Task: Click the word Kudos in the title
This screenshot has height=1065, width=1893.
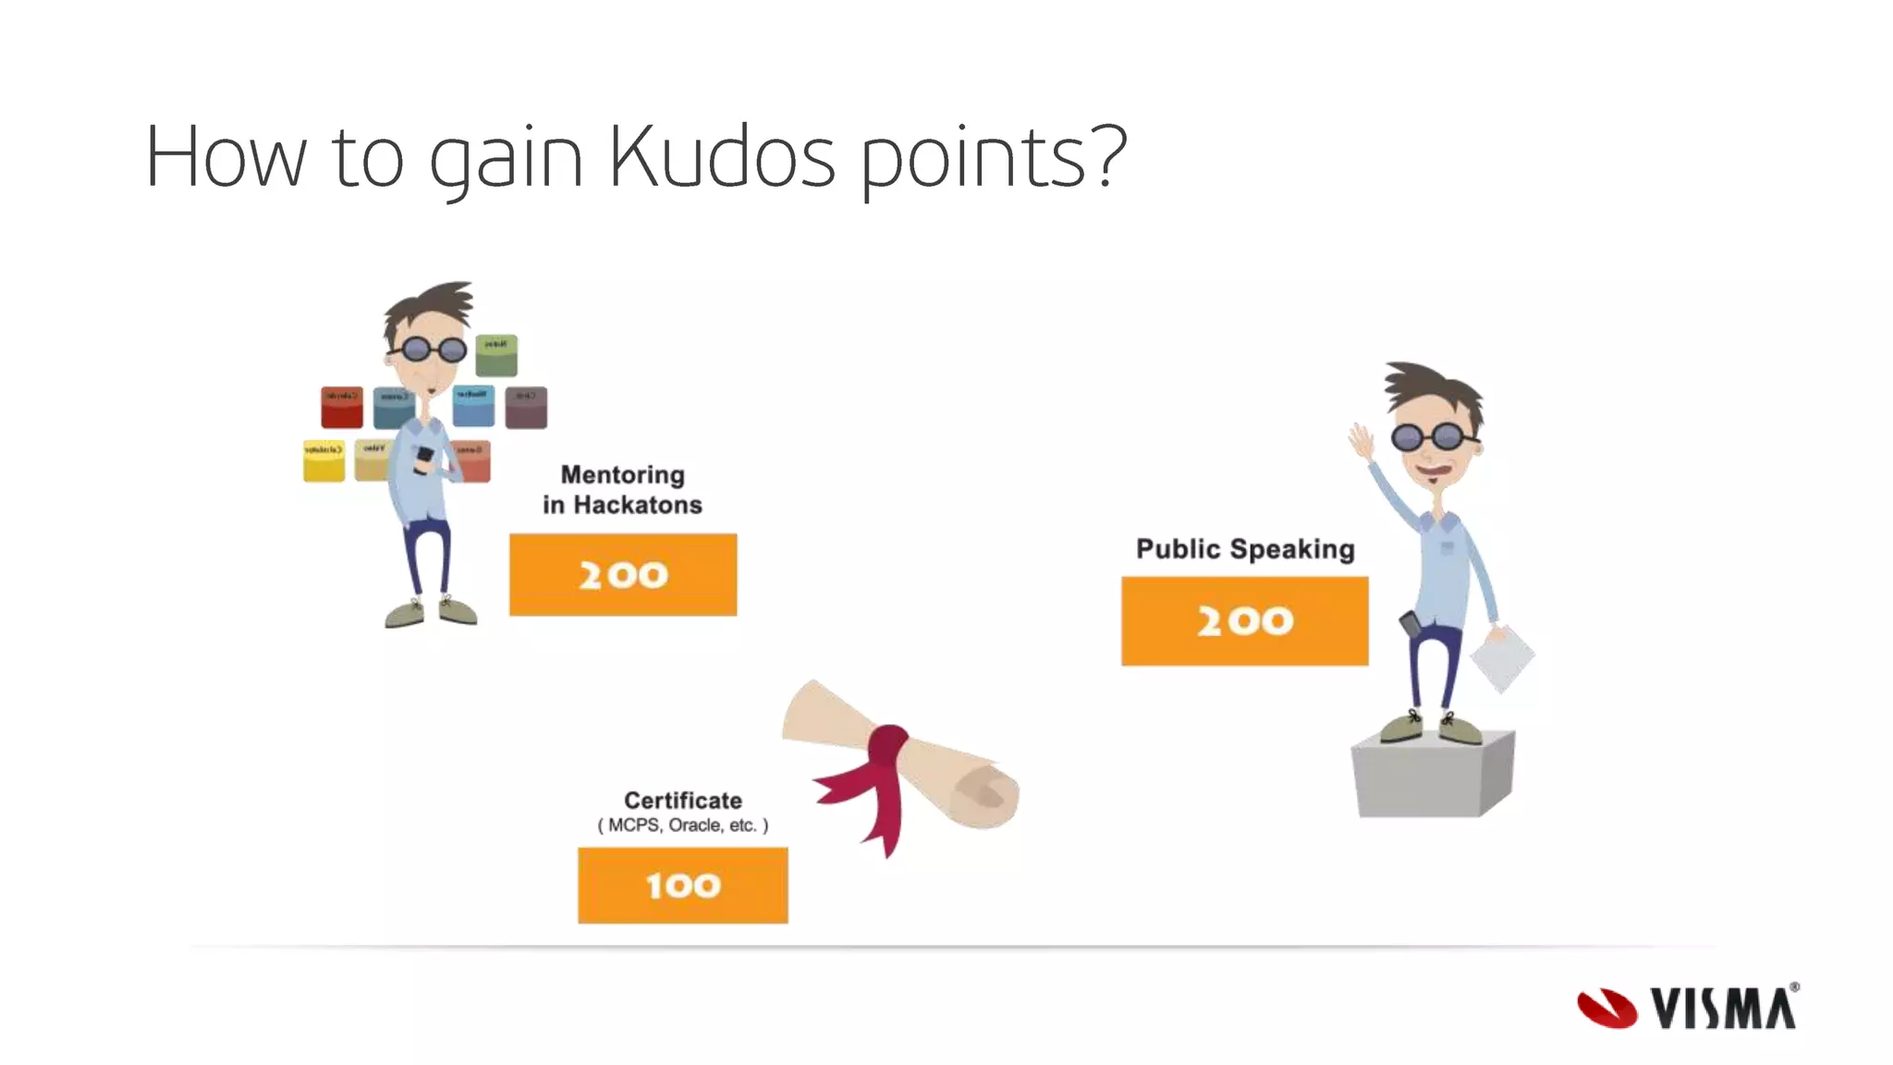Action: pos(722,157)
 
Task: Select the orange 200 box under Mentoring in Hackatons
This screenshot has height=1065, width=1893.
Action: pos(623,574)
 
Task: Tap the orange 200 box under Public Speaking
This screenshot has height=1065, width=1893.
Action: pos(1244,620)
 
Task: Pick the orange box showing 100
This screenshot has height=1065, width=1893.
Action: pos(682,885)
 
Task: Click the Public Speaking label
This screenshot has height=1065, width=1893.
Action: pos(1244,548)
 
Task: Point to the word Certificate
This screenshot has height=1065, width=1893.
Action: pos(682,800)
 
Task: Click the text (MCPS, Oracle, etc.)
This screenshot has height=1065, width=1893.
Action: pos(682,825)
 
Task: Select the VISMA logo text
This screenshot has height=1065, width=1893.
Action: pos(1725,1008)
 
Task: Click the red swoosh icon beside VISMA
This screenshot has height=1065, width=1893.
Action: pos(1606,1008)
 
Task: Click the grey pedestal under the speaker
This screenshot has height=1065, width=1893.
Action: pos(1432,777)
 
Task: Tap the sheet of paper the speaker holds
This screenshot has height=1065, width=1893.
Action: pos(1501,657)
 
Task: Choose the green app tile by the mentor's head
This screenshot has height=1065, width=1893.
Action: pos(496,356)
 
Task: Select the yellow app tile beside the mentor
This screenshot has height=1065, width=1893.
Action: pos(324,460)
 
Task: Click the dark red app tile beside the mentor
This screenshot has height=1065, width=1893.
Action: pos(341,407)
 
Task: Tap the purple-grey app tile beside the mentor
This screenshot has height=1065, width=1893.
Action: pos(526,407)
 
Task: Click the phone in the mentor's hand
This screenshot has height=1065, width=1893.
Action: pos(424,458)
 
